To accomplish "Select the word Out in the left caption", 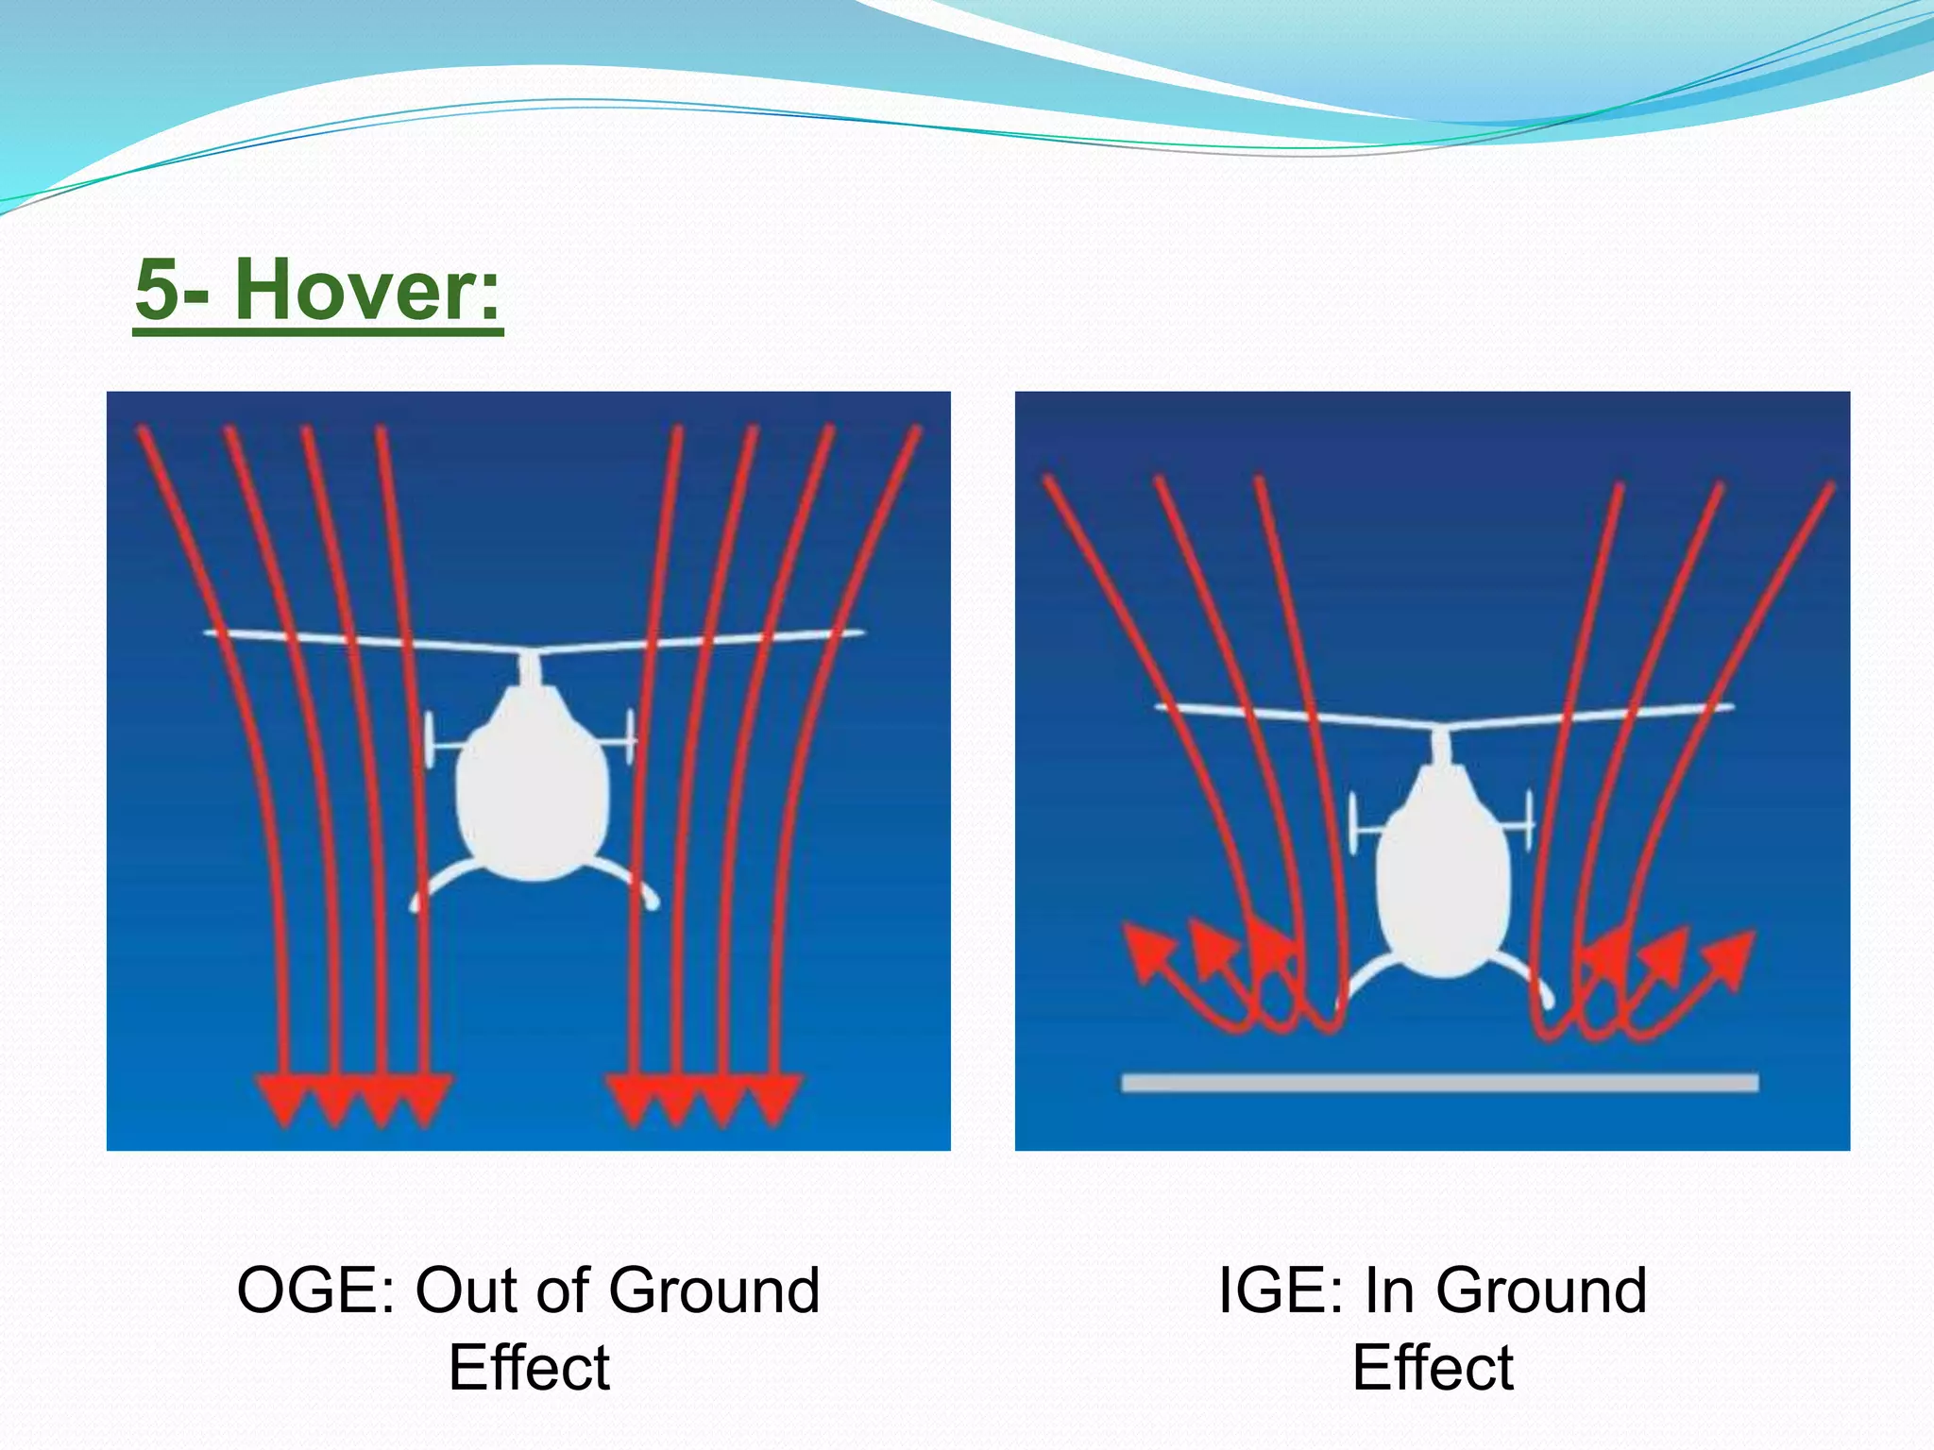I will (463, 1290).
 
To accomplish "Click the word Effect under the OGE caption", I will (529, 1368).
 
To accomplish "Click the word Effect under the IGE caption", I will (1433, 1368).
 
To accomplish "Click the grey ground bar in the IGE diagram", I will (1439, 1083).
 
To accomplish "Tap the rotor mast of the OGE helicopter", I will (531, 669).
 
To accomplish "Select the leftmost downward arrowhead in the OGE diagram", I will (282, 1101).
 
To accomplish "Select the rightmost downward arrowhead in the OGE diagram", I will (775, 1101).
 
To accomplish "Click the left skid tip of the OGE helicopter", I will (416, 904).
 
